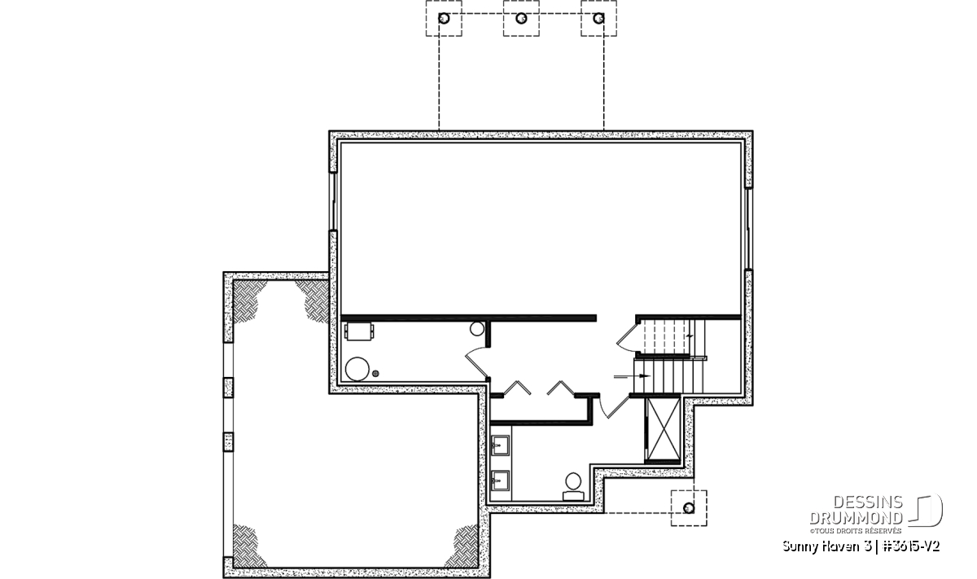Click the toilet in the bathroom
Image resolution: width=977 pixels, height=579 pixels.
tap(573, 487)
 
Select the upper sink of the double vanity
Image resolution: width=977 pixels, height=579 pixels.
tap(500, 445)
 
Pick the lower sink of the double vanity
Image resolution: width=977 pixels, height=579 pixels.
tap(500, 480)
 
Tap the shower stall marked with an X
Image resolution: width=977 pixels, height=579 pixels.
tap(663, 429)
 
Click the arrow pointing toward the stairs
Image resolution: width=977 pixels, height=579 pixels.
tap(632, 375)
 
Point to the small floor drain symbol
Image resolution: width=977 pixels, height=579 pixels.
tap(375, 374)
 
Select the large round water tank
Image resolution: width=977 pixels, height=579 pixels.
tap(357, 369)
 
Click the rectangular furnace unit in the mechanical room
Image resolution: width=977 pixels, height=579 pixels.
tap(358, 331)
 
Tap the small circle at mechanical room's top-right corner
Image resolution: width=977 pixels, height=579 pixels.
tap(477, 329)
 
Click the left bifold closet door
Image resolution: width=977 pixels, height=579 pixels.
tap(517, 388)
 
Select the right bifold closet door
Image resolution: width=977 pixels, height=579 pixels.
tap(561, 388)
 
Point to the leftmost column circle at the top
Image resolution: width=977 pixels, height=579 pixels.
tap(444, 19)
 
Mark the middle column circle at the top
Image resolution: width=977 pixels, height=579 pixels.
tap(521, 19)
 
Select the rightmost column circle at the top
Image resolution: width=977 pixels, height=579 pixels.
tap(599, 19)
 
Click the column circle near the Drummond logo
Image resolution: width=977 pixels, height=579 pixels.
tap(689, 508)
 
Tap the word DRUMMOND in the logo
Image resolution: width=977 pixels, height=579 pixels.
tap(856, 518)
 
